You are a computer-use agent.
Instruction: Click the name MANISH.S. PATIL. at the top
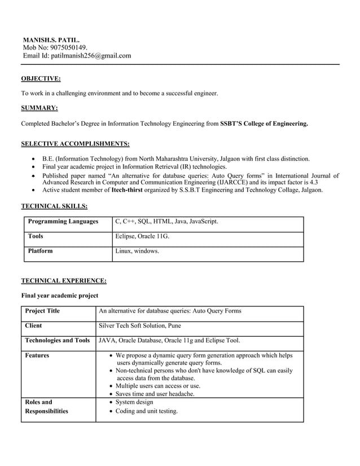click(51, 40)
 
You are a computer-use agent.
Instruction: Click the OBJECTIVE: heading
click(41, 78)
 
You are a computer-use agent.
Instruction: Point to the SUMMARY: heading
click(39, 108)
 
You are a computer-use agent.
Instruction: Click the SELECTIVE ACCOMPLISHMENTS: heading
click(75, 143)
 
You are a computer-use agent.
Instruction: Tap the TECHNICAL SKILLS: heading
click(54, 206)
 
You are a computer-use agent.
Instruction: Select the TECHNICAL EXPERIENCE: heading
click(64, 280)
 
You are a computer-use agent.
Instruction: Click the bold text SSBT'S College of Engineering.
click(264, 123)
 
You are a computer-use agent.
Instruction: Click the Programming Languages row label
click(63, 222)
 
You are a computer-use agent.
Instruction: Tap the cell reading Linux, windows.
click(137, 251)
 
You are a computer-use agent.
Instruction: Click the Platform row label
click(40, 251)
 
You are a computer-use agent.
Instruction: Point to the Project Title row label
click(42, 311)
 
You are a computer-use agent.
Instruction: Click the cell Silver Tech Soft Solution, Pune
click(140, 326)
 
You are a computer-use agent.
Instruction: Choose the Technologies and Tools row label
click(58, 340)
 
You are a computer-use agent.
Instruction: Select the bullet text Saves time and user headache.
click(155, 394)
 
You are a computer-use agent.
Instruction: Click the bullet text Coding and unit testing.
click(146, 411)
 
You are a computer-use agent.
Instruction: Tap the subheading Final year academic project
click(60, 296)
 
